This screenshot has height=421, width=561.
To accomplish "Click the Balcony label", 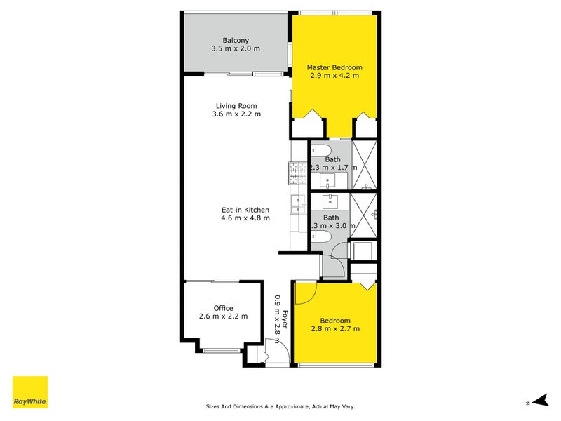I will tap(236, 40).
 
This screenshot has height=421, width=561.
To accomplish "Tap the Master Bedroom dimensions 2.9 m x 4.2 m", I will tap(333, 76).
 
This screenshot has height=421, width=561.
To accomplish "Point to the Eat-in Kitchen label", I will tap(245, 209).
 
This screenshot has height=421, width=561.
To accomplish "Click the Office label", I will tap(223, 308).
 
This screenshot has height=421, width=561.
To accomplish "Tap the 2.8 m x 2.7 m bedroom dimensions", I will tap(335, 328).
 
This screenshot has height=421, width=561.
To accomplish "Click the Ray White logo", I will tap(30, 392).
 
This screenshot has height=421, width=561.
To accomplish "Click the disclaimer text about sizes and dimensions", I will tap(285, 406).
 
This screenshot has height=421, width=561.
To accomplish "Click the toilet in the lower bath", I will tap(320, 238).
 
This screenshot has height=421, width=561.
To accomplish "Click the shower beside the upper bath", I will tap(365, 165).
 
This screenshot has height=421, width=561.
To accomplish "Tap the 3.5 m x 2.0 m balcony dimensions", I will tap(236, 48).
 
